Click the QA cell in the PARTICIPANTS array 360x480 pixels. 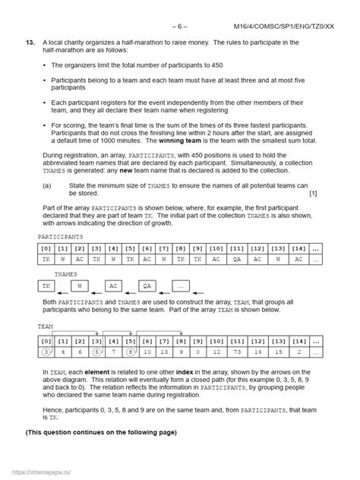coord(236,259)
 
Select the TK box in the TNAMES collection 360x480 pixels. coord(48,287)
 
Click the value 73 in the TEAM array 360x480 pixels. coord(258,352)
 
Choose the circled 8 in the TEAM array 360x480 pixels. coord(131,352)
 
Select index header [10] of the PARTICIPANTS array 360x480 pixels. coord(215,248)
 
